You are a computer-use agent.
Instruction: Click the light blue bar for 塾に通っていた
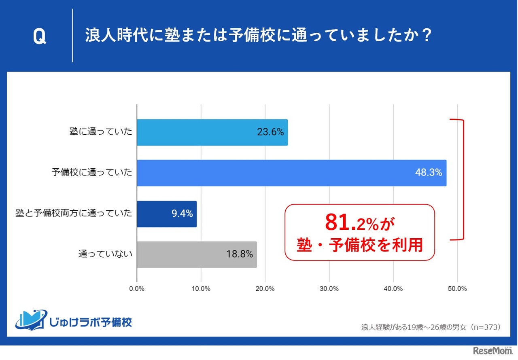click(x=212, y=132)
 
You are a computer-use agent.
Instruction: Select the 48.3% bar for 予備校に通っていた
click(x=291, y=173)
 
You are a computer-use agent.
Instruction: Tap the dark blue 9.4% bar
click(x=167, y=214)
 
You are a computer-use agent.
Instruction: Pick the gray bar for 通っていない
click(x=197, y=254)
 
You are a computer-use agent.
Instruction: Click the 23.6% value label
click(x=270, y=132)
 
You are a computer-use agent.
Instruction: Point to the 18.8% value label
click(x=239, y=254)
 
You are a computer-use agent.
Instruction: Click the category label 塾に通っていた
click(x=100, y=132)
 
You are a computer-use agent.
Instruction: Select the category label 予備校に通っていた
click(x=92, y=173)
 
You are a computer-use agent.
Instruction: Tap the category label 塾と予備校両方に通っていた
click(x=74, y=214)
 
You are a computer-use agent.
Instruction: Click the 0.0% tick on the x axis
click(x=137, y=288)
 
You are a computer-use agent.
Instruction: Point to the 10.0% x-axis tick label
click(x=201, y=288)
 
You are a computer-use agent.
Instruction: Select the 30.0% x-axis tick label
click(x=329, y=288)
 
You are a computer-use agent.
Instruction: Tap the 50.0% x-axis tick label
click(x=457, y=288)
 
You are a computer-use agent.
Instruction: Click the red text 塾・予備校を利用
click(x=360, y=245)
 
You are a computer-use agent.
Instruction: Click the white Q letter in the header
click(x=39, y=37)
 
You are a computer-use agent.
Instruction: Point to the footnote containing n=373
click(x=431, y=327)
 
